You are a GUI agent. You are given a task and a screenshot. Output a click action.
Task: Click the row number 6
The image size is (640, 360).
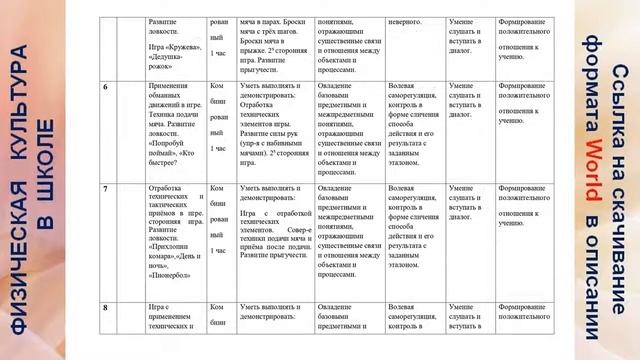tap(106, 89)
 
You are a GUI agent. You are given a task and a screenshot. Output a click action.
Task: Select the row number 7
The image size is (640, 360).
tap(106, 187)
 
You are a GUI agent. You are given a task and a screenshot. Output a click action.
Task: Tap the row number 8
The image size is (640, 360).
tap(106, 307)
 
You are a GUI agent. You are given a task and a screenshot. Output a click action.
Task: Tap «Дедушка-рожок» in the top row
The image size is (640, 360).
tap(168, 63)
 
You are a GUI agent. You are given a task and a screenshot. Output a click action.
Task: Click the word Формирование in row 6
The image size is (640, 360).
tap(527, 89)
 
